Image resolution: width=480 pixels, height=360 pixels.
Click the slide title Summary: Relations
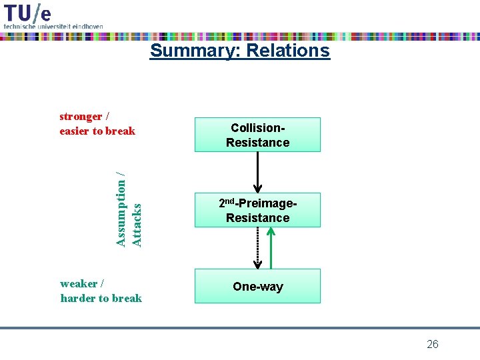[239, 51]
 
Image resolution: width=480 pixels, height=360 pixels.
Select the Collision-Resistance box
[257, 135]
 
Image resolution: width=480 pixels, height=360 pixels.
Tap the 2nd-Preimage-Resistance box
[257, 210]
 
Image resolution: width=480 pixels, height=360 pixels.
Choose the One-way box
[257, 287]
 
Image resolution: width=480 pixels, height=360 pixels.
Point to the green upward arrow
[271, 247]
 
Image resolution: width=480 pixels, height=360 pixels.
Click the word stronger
[81, 117]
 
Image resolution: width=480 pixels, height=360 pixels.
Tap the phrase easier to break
[97, 131]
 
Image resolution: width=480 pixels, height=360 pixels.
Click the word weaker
[78, 284]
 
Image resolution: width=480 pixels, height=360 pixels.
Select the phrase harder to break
[101, 298]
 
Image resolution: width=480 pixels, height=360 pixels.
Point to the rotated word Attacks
[136, 225]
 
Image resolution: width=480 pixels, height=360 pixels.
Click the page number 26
[432, 344]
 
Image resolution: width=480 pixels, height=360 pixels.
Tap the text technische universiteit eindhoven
[53, 26]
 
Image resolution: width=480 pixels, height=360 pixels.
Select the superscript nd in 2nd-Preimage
[232, 201]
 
